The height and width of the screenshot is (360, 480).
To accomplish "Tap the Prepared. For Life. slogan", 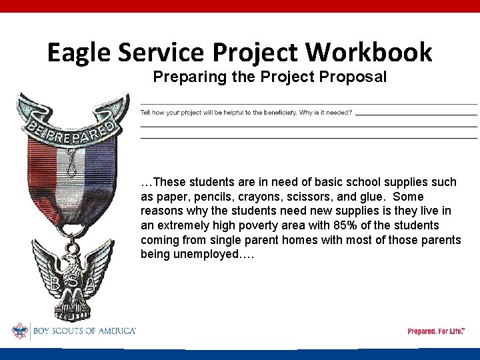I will [435, 331].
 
